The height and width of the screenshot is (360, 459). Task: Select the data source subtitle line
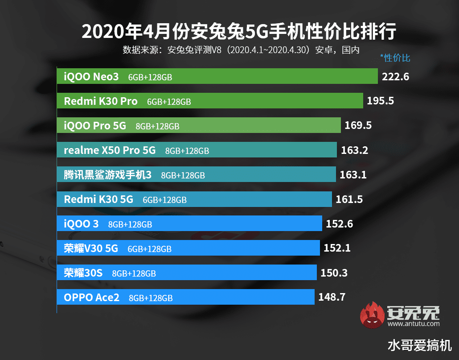tap(241, 50)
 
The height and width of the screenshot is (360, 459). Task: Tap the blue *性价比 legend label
tap(395, 58)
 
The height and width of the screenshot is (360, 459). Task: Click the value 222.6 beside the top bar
tap(395, 77)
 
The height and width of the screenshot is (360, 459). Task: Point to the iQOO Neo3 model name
tap(91, 77)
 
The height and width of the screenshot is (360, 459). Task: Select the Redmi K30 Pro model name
tap(101, 101)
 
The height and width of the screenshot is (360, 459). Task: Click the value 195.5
tap(381, 101)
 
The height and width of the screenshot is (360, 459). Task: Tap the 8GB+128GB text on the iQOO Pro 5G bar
tap(157, 126)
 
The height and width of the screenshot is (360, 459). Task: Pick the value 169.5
tap(358, 125)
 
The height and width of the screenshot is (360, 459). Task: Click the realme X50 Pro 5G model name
tap(110, 150)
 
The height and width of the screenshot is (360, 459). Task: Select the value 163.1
tap(353, 174)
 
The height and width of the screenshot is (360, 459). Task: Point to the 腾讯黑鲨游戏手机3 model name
tap(107, 175)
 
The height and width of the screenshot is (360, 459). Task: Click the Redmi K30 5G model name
tap(98, 199)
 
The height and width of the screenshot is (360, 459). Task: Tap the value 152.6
tap(339, 223)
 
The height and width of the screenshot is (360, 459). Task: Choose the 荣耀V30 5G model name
tap(91, 248)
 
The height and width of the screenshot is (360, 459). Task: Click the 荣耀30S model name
tap(83, 273)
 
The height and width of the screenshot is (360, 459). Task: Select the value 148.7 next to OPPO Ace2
tap(332, 297)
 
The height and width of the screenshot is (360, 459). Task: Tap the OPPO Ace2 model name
tap(92, 297)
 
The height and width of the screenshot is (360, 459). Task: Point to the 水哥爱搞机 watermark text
tap(420, 345)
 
